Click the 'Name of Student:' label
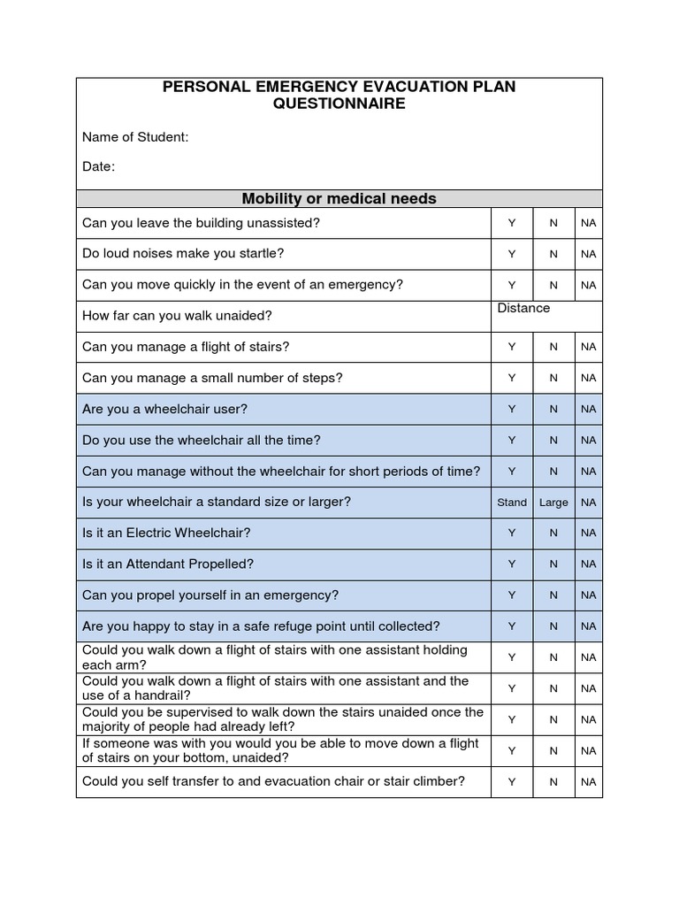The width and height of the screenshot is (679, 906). coord(135,137)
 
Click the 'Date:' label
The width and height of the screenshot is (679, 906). coord(98,166)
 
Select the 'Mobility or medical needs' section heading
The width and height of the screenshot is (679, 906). coord(339,198)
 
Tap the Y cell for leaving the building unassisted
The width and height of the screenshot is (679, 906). coord(512,223)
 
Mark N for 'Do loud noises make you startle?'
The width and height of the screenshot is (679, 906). coord(553,254)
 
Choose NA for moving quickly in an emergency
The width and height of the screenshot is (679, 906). coord(589,285)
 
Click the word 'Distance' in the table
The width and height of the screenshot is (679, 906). coord(523,308)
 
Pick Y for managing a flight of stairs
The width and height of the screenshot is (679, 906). coord(512,347)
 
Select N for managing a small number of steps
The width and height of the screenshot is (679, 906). coord(553,378)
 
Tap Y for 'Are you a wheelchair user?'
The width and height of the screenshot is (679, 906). coord(512,409)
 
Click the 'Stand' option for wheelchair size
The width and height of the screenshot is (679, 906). coord(512,502)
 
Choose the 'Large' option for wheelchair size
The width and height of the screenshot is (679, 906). coord(553,502)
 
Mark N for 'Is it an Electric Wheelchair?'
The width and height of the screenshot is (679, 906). coord(553,533)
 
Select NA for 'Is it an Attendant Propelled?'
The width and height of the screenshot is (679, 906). coord(589,564)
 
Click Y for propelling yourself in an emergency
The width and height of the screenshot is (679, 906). coord(512,595)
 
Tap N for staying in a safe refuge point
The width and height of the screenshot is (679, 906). coord(553,626)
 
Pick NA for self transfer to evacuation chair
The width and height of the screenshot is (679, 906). coord(589,782)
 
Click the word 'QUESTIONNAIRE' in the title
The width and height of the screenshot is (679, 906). coord(339,104)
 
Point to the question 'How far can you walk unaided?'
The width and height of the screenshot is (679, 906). coord(177,316)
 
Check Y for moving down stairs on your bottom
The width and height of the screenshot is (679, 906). coord(512,750)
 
